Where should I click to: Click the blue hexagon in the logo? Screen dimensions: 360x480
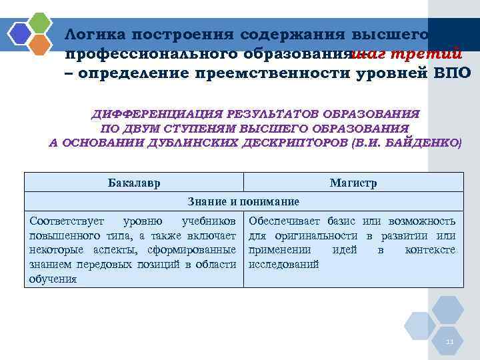point(20,33)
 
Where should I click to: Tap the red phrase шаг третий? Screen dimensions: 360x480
point(407,53)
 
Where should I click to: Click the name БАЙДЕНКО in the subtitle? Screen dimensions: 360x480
point(423,142)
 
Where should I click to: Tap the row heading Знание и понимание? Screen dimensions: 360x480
point(243,201)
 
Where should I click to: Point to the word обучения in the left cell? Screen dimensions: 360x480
point(53,279)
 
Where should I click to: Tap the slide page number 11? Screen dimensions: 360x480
point(449,342)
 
